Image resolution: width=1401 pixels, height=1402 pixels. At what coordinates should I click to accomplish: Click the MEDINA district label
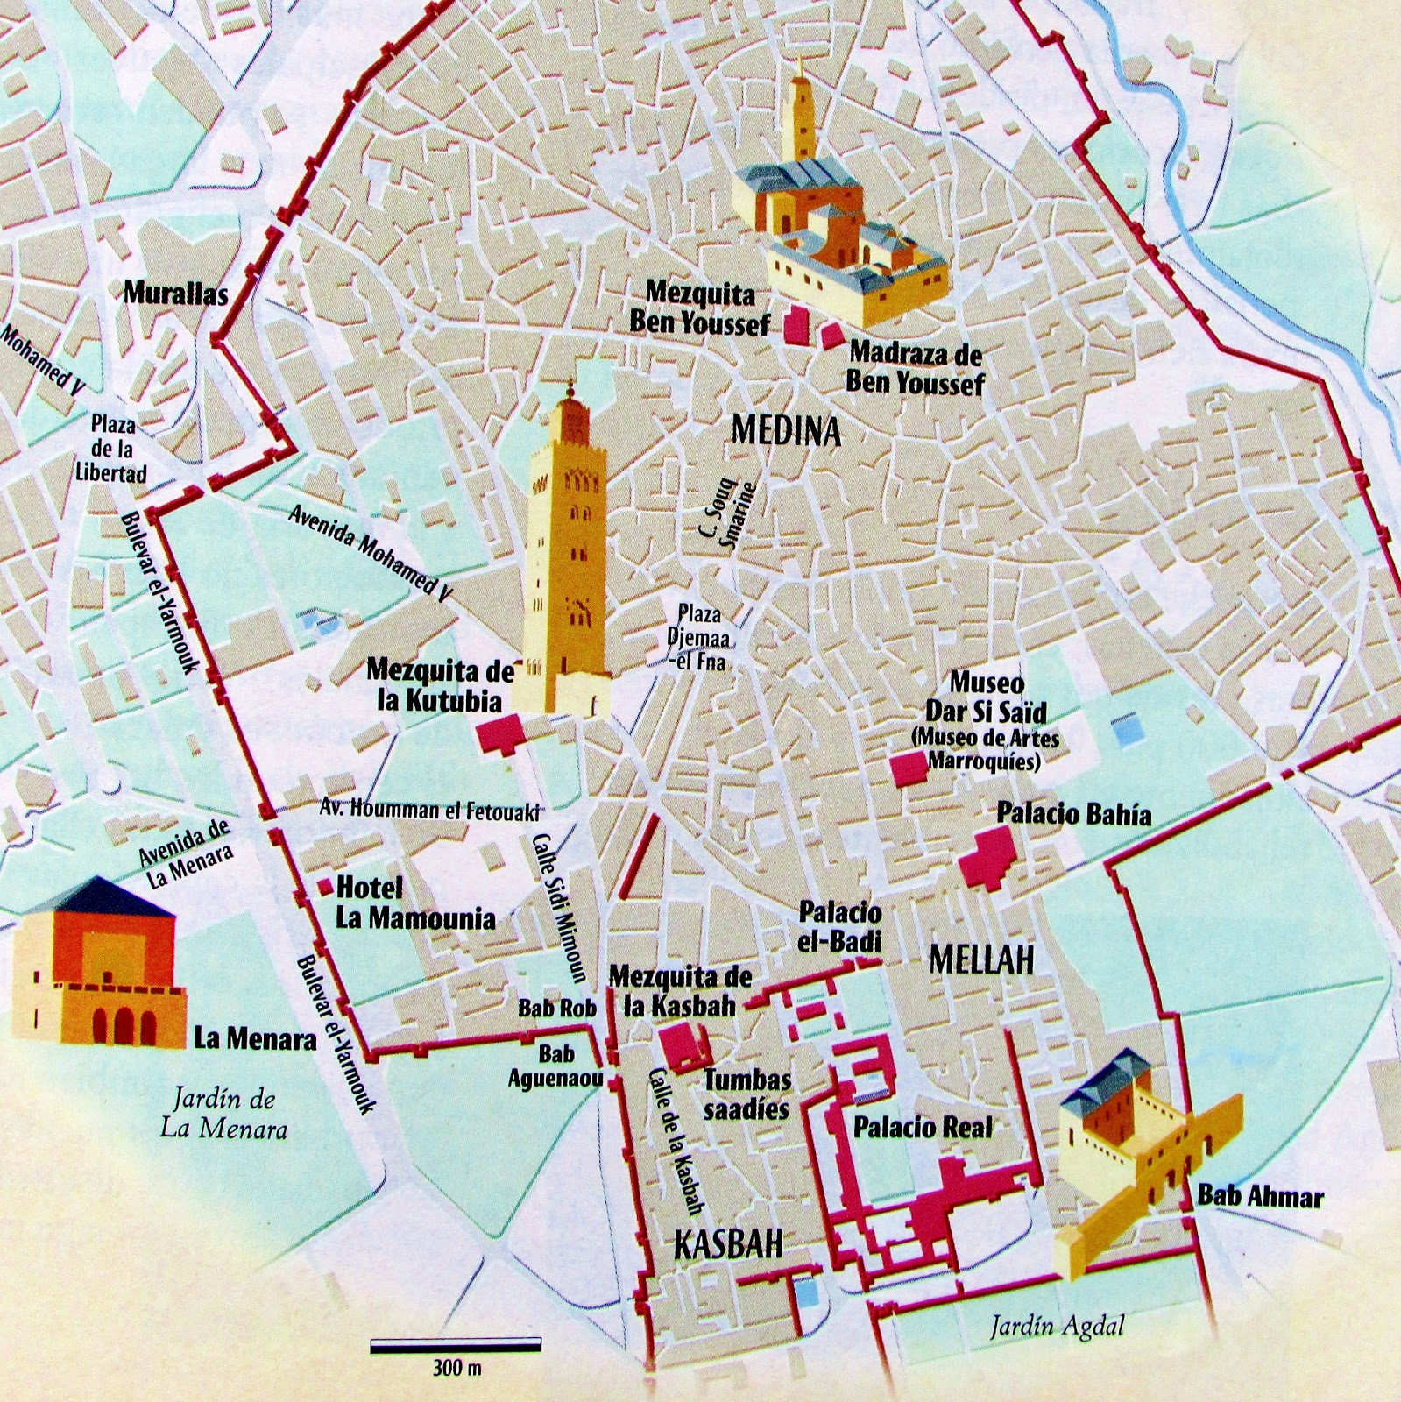coord(786,430)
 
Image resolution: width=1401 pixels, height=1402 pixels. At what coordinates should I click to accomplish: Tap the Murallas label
coord(175,293)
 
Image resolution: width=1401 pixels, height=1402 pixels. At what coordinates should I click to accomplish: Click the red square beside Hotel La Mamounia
coord(324,888)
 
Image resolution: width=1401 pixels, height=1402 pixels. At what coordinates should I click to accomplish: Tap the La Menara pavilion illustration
coord(96,964)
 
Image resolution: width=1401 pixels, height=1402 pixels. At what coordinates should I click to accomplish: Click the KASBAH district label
coord(728,1244)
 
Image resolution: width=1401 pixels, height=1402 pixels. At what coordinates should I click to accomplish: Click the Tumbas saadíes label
coord(746,1094)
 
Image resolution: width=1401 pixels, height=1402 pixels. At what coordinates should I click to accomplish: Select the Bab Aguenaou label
coord(555,1066)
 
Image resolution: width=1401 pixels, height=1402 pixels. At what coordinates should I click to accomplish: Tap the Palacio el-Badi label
coord(839,926)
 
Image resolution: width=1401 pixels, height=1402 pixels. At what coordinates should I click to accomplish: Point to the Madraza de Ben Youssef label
coord(916,368)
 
